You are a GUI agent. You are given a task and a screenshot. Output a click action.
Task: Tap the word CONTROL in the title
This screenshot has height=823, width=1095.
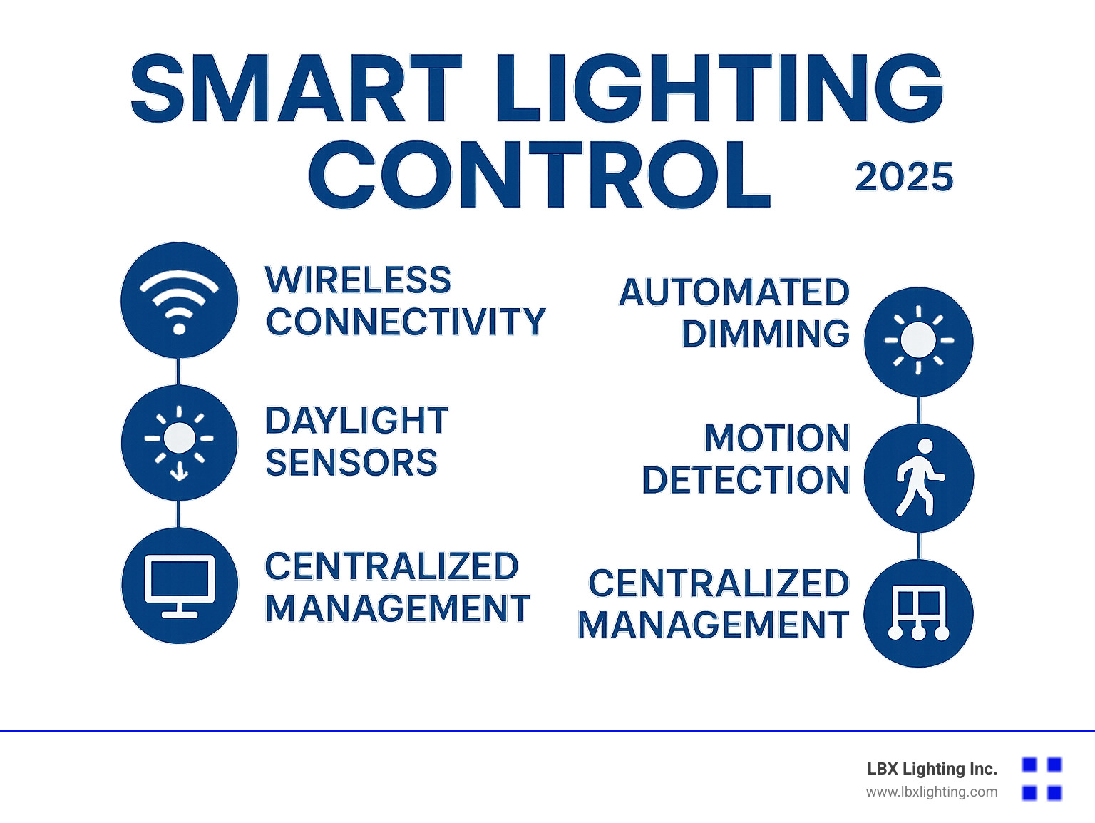(540, 175)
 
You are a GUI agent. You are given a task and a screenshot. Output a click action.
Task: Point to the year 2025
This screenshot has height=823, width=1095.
(904, 177)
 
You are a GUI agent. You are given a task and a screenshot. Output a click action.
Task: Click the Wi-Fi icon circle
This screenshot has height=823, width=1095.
(179, 300)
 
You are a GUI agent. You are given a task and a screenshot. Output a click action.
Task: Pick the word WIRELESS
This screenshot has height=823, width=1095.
(358, 280)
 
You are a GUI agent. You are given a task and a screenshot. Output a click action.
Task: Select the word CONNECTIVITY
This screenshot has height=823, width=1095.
(406, 322)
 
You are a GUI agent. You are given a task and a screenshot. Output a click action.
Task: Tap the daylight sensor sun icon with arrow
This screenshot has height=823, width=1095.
(179, 443)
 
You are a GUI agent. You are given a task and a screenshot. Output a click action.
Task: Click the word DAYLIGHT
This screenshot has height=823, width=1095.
(356, 421)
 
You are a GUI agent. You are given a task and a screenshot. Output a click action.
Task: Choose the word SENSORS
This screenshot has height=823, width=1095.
(351, 463)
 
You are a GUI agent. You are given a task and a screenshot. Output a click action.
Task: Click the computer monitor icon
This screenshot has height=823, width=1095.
(179, 586)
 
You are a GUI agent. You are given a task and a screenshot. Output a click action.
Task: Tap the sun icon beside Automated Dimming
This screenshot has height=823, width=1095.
(918, 341)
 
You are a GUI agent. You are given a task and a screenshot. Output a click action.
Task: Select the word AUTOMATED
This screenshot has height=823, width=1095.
(734, 292)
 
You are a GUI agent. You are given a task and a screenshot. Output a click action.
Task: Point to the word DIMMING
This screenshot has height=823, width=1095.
(766, 334)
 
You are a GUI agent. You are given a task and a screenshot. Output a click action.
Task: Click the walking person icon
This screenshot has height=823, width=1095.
(918, 478)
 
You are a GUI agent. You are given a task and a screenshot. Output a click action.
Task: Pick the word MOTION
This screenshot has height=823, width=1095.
(777, 438)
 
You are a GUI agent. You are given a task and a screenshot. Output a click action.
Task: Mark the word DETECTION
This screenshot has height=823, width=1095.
(746, 480)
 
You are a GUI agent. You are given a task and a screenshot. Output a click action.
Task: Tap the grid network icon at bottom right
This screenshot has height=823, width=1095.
(918, 613)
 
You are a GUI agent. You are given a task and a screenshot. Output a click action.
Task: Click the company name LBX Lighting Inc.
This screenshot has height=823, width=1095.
(932, 769)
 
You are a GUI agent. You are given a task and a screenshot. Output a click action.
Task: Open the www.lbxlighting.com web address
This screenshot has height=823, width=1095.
(932, 792)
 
